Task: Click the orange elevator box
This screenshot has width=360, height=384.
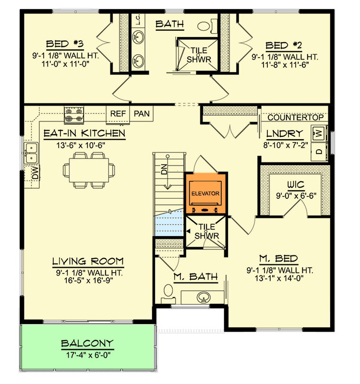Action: pyautogui.click(x=205, y=193)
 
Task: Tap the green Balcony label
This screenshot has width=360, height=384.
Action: pyautogui.click(x=87, y=343)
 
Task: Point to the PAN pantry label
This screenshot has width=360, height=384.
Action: pyautogui.click(x=142, y=114)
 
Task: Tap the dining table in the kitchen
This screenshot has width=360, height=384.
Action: pyautogui.click(x=89, y=169)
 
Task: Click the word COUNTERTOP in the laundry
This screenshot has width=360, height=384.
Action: pyautogui.click(x=298, y=118)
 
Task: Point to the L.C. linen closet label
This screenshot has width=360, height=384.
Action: pyautogui.click(x=138, y=19)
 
